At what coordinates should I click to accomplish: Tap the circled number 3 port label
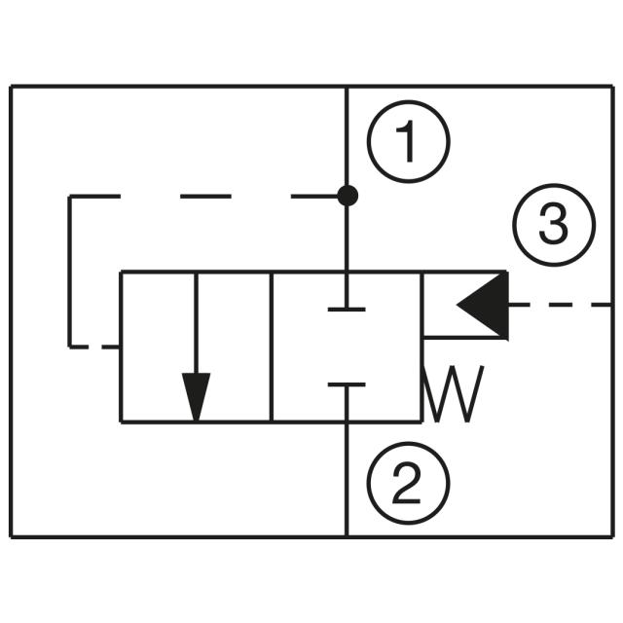tap(553, 227)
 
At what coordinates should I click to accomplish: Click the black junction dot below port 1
tap(348, 196)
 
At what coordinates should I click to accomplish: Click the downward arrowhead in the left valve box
tap(197, 397)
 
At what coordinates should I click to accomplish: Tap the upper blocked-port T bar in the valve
tap(347, 309)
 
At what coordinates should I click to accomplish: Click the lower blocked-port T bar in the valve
tap(347, 385)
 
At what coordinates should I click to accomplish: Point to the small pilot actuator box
tap(464, 305)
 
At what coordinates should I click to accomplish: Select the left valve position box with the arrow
tap(196, 347)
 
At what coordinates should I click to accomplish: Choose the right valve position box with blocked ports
tap(347, 347)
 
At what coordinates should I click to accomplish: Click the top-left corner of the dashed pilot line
tap(70, 198)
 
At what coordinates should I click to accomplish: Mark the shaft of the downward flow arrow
tap(197, 321)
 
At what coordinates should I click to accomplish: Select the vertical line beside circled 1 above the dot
tap(348, 136)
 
